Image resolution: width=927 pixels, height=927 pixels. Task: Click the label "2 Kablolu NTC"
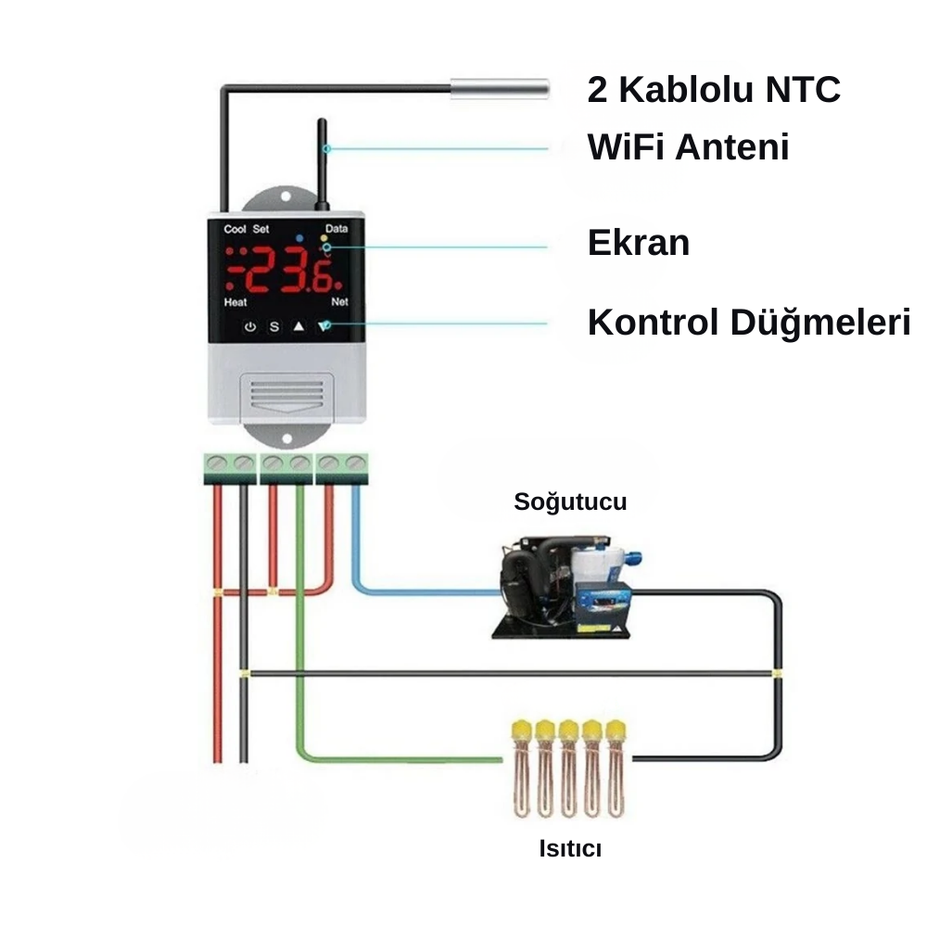714,90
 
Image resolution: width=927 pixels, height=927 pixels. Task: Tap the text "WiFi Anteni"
688,146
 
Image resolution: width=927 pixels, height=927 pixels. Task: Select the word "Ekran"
639,243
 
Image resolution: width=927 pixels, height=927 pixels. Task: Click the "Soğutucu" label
570,502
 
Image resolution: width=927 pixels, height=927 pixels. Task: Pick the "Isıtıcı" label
570,848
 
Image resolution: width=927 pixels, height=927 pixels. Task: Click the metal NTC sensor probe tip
500,89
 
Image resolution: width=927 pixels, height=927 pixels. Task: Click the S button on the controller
274,326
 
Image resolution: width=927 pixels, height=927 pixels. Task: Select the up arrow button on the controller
298,326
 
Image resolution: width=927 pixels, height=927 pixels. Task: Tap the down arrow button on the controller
324,326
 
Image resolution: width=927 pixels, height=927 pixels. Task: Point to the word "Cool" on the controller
235,229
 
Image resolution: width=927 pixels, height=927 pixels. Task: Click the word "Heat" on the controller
235,303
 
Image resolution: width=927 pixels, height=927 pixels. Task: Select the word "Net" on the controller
339,303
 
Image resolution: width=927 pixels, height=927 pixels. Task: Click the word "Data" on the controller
337,229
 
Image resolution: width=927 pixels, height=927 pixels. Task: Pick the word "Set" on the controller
260,229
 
